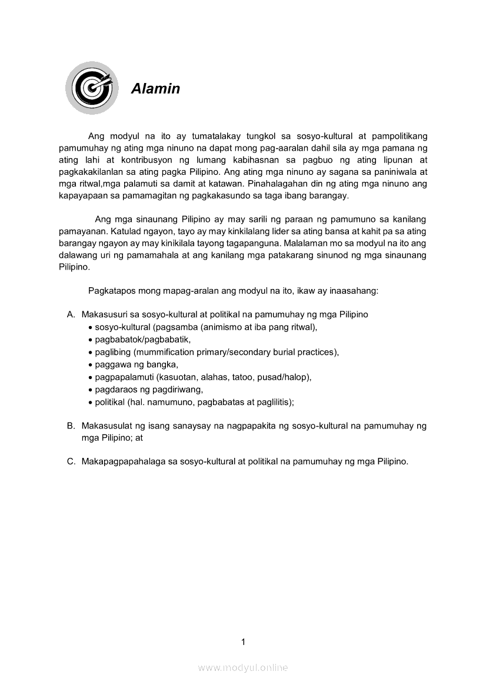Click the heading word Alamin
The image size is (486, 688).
155,89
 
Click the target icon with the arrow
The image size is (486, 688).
91,87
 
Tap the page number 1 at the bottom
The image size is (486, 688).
243,642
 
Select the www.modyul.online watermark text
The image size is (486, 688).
243,667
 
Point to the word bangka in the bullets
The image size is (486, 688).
155,365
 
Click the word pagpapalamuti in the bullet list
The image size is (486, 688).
124,377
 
